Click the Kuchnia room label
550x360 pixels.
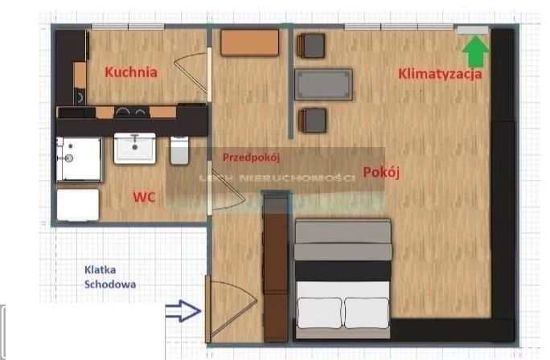pyautogui.click(x=131, y=72)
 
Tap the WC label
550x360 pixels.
pyautogui.click(x=144, y=197)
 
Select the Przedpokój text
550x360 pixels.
pyautogui.click(x=251, y=157)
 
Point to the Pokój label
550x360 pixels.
pyautogui.click(x=381, y=172)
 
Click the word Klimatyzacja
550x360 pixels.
pyautogui.click(x=440, y=74)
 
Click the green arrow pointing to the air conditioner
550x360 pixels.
pyautogui.click(x=475, y=52)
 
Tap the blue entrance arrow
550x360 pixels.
pyautogui.click(x=183, y=310)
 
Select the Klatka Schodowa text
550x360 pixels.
pyautogui.click(x=110, y=277)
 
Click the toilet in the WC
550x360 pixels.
pyautogui.click(x=179, y=150)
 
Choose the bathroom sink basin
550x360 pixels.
pyautogui.click(x=135, y=148)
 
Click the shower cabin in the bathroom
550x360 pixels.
pyautogui.click(x=80, y=159)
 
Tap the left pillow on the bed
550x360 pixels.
pyautogui.click(x=319, y=313)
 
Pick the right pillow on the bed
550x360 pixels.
pyautogui.click(x=367, y=313)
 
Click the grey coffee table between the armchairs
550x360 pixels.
pyautogui.click(x=323, y=84)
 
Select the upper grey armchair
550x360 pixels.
pyautogui.click(x=310, y=46)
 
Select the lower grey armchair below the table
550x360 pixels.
pyautogui.click(x=313, y=121)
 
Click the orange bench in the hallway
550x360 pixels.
pyautogui.click(x=250, y=43)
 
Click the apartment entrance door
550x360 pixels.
pyautogui.click(x=207, y=309)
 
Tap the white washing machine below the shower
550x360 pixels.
pyautogui.click(x=78, y=205)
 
